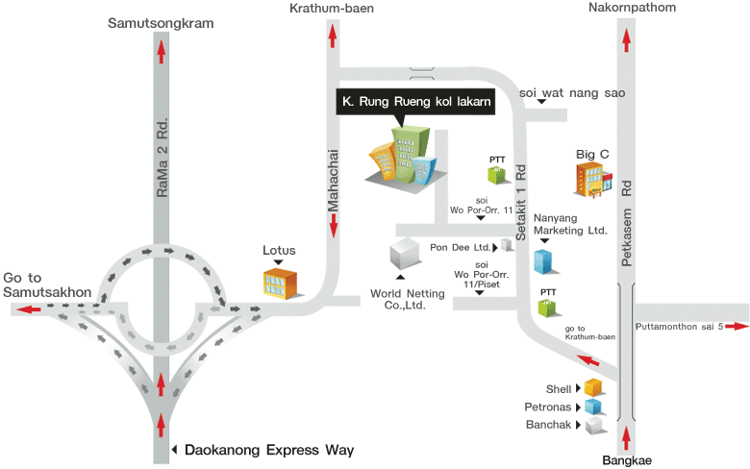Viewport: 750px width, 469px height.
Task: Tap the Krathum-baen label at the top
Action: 332,9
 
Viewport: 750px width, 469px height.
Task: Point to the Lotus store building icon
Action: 280,283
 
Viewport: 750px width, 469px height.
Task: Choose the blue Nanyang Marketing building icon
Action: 545,260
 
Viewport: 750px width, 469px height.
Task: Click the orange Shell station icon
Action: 593,388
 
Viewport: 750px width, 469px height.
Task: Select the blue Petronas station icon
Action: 593,407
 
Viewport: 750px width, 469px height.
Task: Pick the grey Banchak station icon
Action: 593,425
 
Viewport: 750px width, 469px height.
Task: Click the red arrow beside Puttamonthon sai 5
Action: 737,327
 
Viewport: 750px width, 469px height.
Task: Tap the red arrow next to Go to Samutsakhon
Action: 27,309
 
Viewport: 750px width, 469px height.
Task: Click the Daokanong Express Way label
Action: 269,450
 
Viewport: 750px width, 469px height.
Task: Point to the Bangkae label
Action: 627,460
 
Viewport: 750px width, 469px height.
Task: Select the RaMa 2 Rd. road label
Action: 162,159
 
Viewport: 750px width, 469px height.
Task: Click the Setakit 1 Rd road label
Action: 520,201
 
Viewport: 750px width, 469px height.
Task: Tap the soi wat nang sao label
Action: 572,93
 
